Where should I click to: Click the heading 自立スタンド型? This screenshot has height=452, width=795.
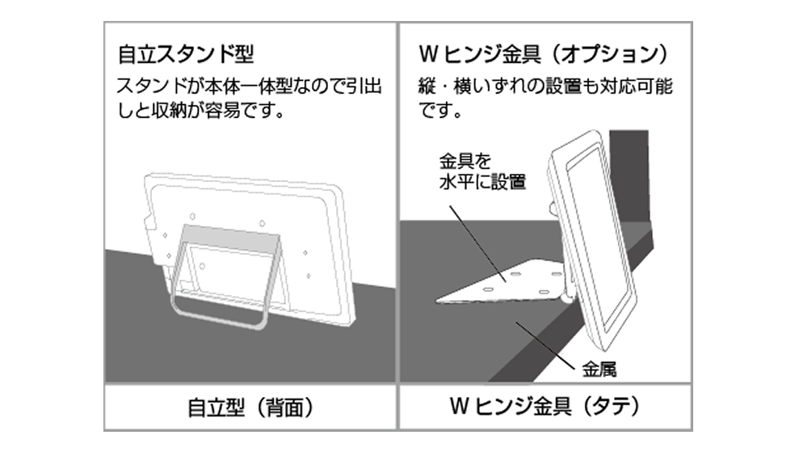[186, 55]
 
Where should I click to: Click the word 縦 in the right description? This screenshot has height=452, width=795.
[429, 86]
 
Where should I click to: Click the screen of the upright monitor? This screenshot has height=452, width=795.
[603, 243]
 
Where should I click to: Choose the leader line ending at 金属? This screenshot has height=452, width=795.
[553, 344]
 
